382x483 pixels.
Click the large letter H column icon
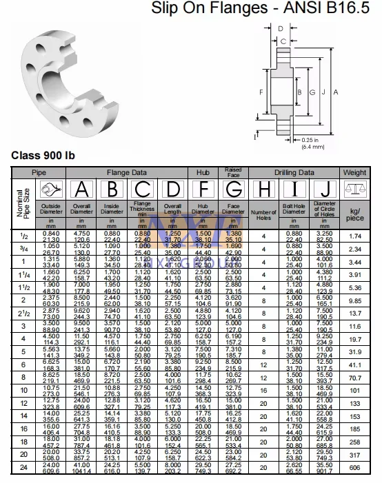pos(263,187)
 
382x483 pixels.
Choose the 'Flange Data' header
pos(125,172)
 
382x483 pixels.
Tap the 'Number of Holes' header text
pos(263,214)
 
